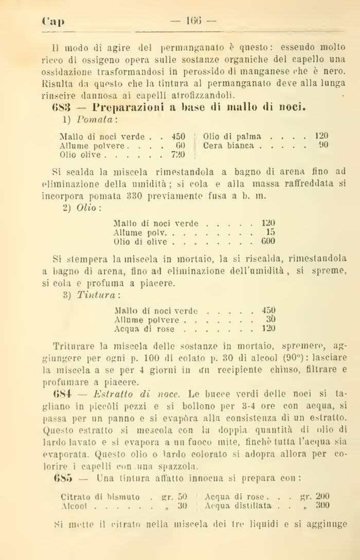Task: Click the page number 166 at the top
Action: click(195, 23)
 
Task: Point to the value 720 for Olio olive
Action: click(178, 154)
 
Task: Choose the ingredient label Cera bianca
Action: click(229, 146)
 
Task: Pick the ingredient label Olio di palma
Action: click(232, 137)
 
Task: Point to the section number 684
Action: click(63, 393)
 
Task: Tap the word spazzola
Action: click(181, 465)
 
